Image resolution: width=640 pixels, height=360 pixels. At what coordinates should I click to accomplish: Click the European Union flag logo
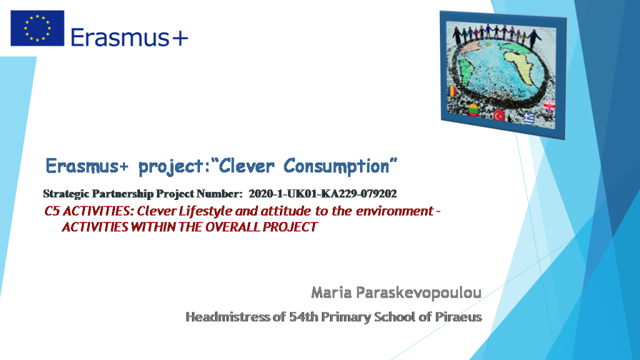(x=37, y=28)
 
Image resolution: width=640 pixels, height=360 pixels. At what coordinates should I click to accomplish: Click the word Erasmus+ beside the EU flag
(x=129, y=37)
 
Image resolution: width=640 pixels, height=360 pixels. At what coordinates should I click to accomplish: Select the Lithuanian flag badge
(x=474, y=110)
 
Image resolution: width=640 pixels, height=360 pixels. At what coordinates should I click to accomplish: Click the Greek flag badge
(x=528, y=117)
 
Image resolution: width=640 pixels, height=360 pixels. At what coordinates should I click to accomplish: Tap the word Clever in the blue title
(x=248, y=166)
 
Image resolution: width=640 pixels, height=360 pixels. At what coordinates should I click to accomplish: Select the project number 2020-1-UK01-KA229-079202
(x=322, y=194)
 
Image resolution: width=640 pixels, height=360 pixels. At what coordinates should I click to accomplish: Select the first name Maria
(x=330, y=292)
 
